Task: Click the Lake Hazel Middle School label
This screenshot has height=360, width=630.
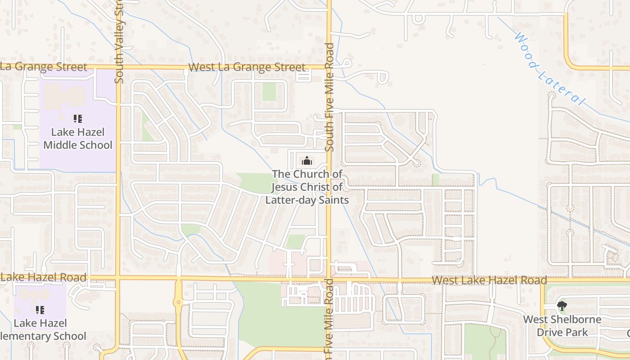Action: click(x=78, y=139)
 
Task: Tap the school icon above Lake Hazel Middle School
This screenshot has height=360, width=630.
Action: click(x=78, y=119)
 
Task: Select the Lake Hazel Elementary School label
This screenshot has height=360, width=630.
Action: click(x=43, y=330)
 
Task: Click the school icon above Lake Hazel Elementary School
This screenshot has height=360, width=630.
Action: click(x=40, y=310)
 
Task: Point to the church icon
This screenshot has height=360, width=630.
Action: click(x=307, y=161)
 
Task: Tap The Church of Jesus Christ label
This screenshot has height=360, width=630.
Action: click(x=307, y=187)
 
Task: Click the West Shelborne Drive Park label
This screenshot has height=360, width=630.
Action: click(x=562, y=326)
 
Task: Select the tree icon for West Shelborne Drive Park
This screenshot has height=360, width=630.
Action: click(x=562, y=306)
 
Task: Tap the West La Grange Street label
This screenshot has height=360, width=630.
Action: click(x=247, y=67)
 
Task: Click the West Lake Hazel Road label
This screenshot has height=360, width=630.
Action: click(x=489, y=280)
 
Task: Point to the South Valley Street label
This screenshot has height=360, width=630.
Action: click(x=119, y=43)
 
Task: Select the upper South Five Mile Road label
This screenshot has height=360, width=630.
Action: click(x=330, y=97)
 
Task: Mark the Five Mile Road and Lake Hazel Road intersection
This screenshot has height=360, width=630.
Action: click(x=329, y=279)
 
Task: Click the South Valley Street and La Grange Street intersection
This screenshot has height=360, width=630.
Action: click(x=118, y=67)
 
